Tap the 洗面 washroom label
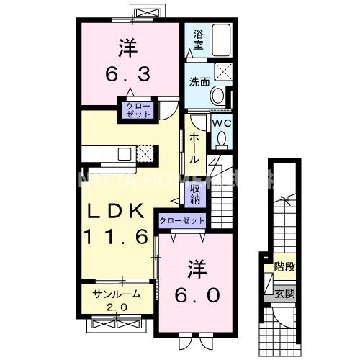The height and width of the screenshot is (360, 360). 199,81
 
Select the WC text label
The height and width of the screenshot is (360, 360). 220,123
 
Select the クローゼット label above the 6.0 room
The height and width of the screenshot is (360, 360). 182,220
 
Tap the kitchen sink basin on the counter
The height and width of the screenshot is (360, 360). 125,153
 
